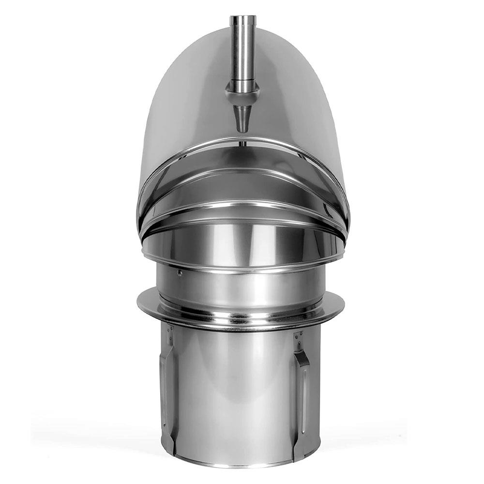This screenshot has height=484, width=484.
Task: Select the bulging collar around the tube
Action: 242,91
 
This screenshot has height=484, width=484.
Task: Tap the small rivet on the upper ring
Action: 180,273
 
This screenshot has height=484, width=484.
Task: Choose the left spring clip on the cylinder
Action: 168,387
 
